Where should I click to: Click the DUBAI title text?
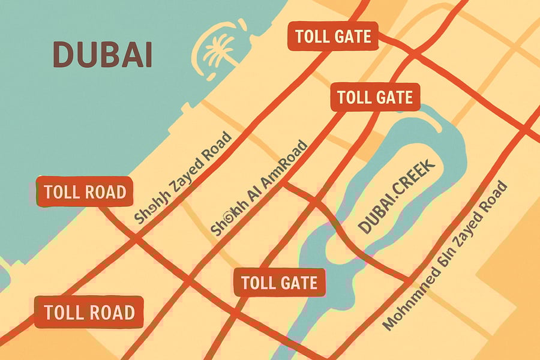(102, 55)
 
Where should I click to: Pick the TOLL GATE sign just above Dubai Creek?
(375, 97)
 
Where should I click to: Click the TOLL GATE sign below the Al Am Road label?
(280, 281)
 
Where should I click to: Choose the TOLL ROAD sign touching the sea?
(84, 192)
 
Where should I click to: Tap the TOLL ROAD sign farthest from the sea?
(89, 312)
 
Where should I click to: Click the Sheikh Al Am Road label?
(259, 188)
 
